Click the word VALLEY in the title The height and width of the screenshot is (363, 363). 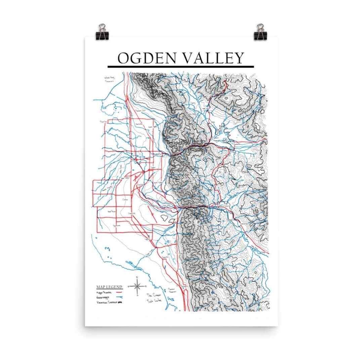pyautogui.click(x=212, y=58)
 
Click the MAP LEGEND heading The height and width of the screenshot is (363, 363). pyautogui.click(x=109, y=287)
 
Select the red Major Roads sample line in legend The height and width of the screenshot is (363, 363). pyautogui.click(x=119, y=292)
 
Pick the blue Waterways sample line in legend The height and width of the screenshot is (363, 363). pyautogui.click(x=119, y=297)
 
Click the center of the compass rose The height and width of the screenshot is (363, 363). pyautogui.click(x=137, y=286)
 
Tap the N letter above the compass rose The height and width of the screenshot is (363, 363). pyautogui.click(x=137, y=277)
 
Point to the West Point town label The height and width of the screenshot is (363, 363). pyautogui.click(x=111, y=212)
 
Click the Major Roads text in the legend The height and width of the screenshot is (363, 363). pyautogui.click(x=104, y=292)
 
